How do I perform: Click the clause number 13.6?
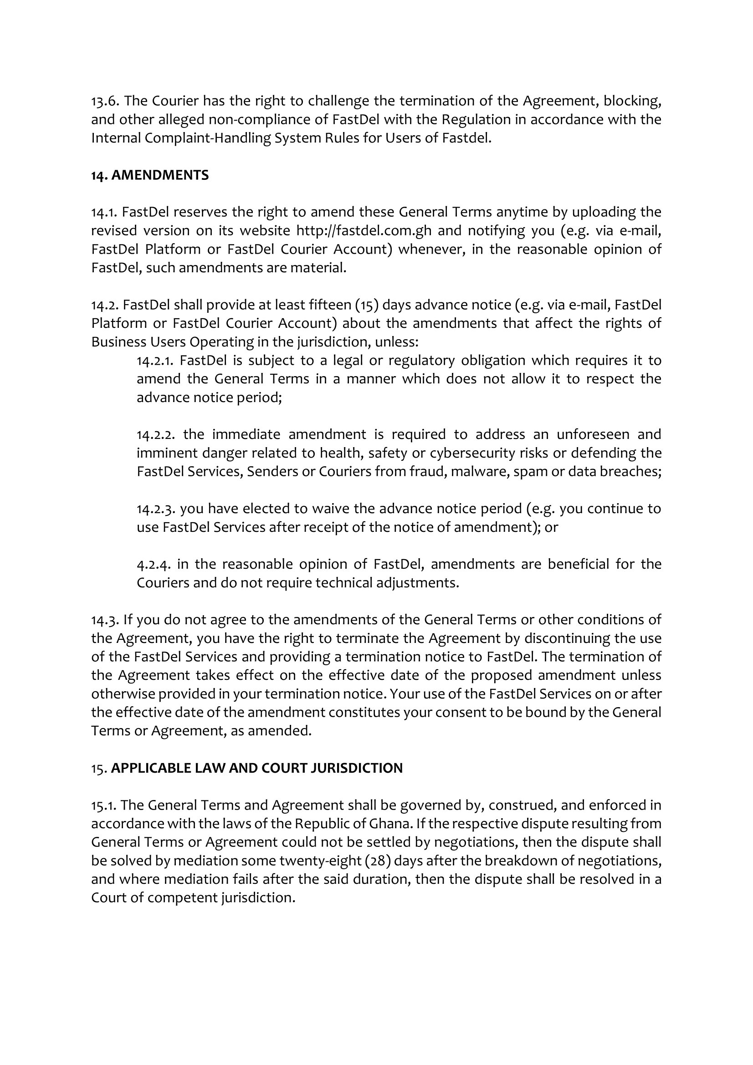point(106,101)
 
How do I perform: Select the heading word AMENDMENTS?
point(160,175)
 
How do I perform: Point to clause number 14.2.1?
point(154,361)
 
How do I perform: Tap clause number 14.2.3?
point(155,509)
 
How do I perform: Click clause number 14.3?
point(105,620)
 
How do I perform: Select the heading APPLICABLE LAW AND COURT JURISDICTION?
point(256,768)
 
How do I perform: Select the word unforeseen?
point(593,435)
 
